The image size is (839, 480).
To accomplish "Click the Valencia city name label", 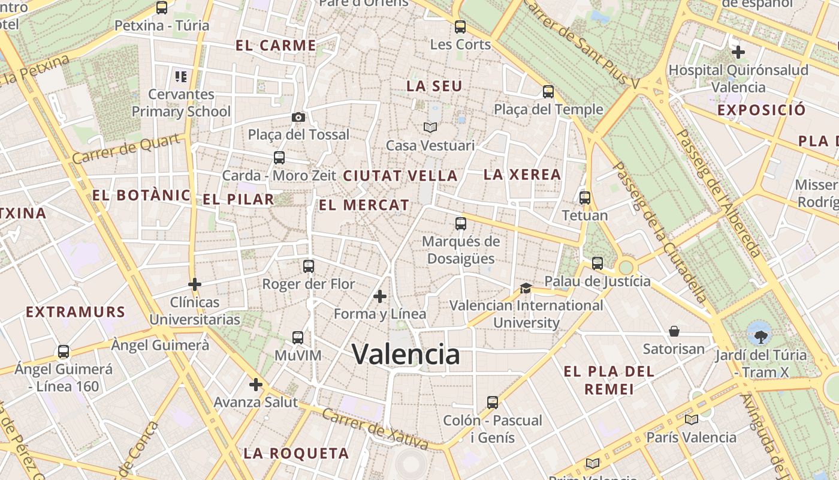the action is [406, 354].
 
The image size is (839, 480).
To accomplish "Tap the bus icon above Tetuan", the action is [585, 197].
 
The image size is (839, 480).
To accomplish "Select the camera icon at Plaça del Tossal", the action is [298, 117].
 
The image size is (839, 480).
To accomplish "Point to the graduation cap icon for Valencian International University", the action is [526, 289].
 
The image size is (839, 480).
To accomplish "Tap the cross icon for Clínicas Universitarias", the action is [194, 284].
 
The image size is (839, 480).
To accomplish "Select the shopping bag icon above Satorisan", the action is [674, 331].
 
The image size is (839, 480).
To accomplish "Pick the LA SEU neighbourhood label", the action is [434, 86].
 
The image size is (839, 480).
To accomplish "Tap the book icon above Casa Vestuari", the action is [430, 127].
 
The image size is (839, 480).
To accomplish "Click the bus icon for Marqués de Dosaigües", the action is [460, 224].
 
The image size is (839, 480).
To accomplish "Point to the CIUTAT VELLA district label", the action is [400, 176].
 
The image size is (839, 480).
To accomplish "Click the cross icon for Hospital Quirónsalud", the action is [738, 52].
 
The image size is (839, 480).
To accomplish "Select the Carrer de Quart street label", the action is [127, 149].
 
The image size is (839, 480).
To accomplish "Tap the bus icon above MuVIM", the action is [298, 338].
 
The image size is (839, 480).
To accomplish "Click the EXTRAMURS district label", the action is [76, 312].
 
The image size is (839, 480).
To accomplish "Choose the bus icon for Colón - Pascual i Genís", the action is [493, 403].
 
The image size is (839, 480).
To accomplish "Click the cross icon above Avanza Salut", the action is [256, 384].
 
